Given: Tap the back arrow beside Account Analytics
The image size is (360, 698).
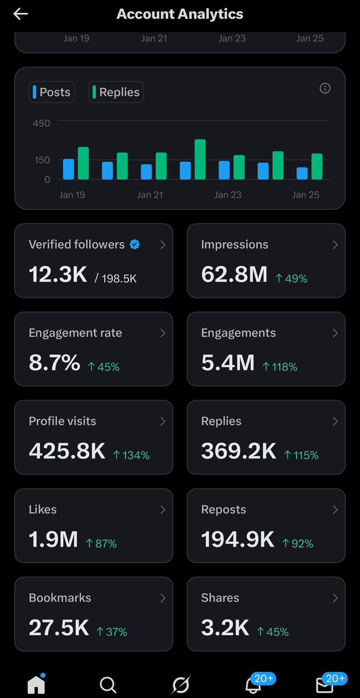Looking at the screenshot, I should (x=20, y=14).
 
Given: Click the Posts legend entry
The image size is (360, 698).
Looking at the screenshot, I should (x=52, y=92).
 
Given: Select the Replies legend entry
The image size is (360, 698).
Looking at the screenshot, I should (x=116, y=92).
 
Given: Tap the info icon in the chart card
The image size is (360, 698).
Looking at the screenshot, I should (x=325, y=88).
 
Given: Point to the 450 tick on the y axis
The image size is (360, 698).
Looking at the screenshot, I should (x=41, y=123).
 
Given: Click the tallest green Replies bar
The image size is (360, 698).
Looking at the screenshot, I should (x=200, y=159).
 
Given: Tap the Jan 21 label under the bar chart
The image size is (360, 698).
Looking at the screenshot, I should (x=149, y=195).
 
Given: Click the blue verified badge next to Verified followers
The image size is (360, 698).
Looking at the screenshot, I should (x=134, y=245).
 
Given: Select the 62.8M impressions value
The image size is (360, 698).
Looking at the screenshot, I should (x=234, y=275).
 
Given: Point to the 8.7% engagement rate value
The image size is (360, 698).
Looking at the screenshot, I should (x=54, y=363).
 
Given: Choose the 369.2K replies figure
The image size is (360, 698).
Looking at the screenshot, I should (x=238, y=451).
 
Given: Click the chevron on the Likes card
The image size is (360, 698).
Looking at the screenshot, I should (x=162, y=510).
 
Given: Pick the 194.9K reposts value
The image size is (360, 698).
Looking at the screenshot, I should (x=237, y=540).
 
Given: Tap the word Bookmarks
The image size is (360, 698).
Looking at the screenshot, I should (x=60, y=598).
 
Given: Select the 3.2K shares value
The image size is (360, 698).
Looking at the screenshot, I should (x=225, y=628).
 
